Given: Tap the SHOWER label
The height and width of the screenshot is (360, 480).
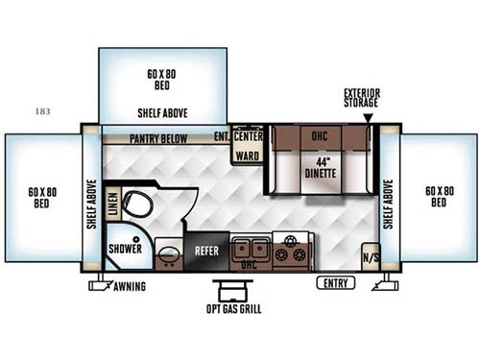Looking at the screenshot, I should click(126, 249).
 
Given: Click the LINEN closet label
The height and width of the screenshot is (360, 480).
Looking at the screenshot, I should click(113, 204).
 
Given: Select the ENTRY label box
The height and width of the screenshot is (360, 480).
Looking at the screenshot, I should click(335, 283).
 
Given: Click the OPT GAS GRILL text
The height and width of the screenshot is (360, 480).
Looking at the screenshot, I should click(232, 310).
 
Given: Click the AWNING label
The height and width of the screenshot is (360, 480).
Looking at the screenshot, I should click(129, 287).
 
